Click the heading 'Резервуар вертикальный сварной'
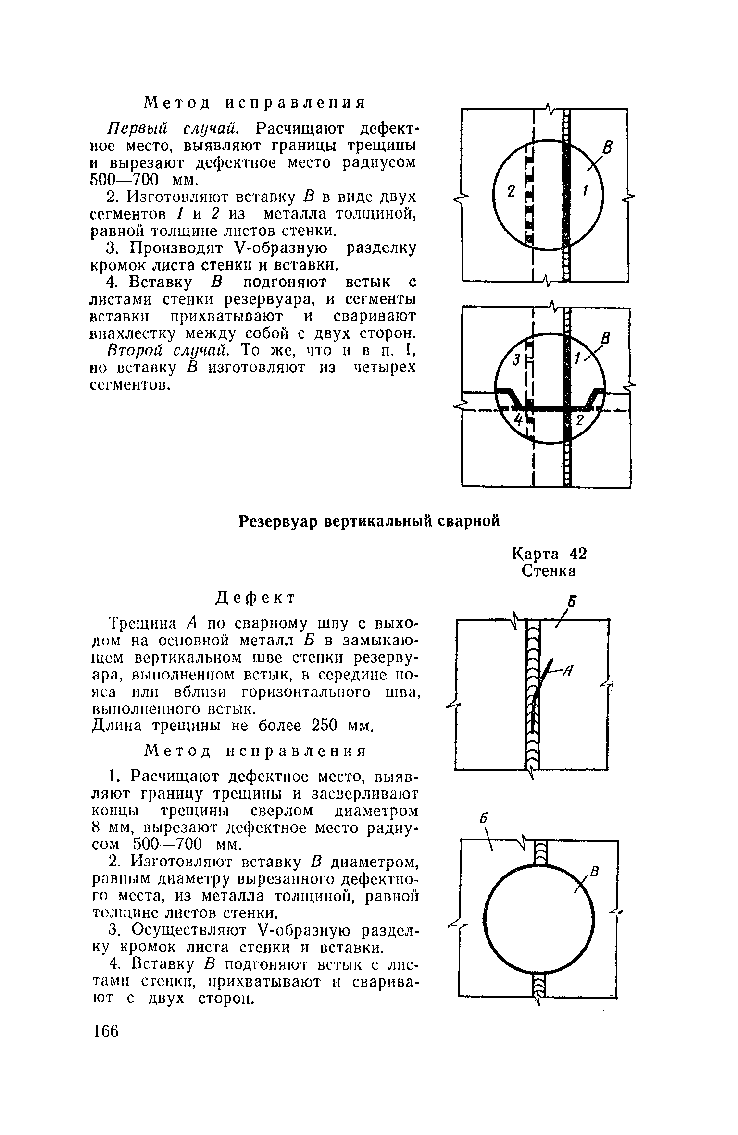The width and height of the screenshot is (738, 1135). (x=370, y=521)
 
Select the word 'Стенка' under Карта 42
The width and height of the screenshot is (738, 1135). (x=549, y=571)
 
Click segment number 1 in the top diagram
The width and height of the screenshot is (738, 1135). (x=585, y=192)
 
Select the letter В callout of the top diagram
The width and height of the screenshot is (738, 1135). (x=608, y=149)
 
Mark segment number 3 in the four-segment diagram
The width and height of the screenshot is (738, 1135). (x=516, y=359)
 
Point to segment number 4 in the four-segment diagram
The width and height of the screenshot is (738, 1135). (x=518, y=419)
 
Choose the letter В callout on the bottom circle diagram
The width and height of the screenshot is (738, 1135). (x=595, y=870)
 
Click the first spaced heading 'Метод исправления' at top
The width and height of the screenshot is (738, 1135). (x=255, y=102)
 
